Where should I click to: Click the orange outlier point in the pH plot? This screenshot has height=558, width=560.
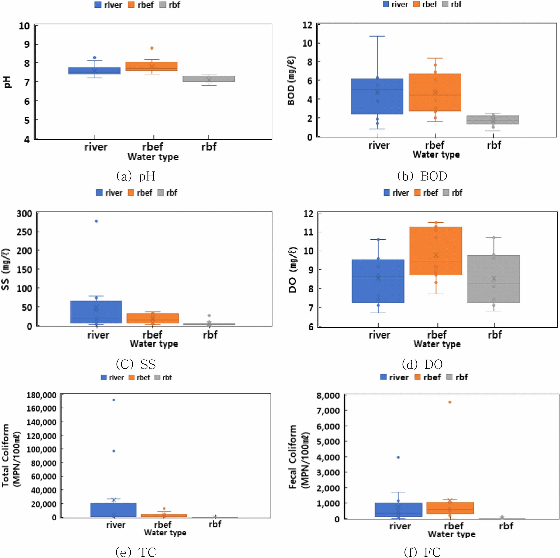point(151,48)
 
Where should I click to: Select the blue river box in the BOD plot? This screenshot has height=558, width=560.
point(377,96)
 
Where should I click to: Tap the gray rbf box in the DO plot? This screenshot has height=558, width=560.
point(493,279)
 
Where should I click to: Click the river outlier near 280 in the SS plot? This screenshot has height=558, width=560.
point(96,221)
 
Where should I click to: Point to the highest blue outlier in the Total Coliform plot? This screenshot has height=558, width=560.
point(114,400)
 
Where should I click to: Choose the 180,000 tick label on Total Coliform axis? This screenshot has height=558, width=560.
point(41,395)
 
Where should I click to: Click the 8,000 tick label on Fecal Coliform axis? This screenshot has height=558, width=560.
point(328,396)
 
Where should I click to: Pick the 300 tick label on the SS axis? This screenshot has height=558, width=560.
point(24,214)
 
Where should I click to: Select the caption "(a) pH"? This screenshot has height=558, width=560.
point(136,176)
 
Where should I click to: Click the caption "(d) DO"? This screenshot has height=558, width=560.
point(422,364)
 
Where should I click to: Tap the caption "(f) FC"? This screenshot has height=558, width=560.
point(422,552)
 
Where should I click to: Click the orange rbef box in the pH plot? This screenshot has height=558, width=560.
point(151,66)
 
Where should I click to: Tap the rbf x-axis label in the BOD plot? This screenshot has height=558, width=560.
point(494,145)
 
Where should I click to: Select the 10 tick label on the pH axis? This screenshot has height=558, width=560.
point(24,26)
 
